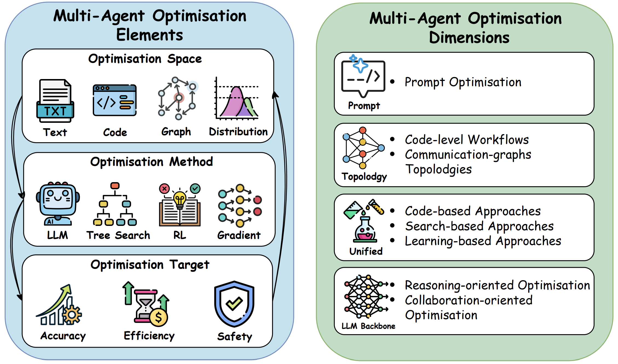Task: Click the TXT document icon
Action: [x=55, y=101]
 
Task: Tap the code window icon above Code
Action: [x=115, y=100]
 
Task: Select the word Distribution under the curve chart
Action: [x=238, y=132]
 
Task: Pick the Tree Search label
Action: [x=118, y=235]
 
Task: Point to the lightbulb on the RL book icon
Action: [x=180, y=200]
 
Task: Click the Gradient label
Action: [x=239, y=235]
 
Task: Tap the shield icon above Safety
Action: [x=234, y=304]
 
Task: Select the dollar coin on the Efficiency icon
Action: [x=159, y=317]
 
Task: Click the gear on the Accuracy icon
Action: [x=72, y=315]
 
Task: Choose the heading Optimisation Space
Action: [x=145, y=59]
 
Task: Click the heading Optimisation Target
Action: [x=150, y=265]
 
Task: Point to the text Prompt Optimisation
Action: [x=463, y=82]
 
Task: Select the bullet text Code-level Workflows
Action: [x=467, y=140]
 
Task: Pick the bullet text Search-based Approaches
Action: [x=479, y=226]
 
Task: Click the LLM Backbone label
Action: [x=368, y=326]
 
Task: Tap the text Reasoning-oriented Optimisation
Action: [x=498, y=285]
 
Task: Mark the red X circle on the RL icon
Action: [x=164, y=188]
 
